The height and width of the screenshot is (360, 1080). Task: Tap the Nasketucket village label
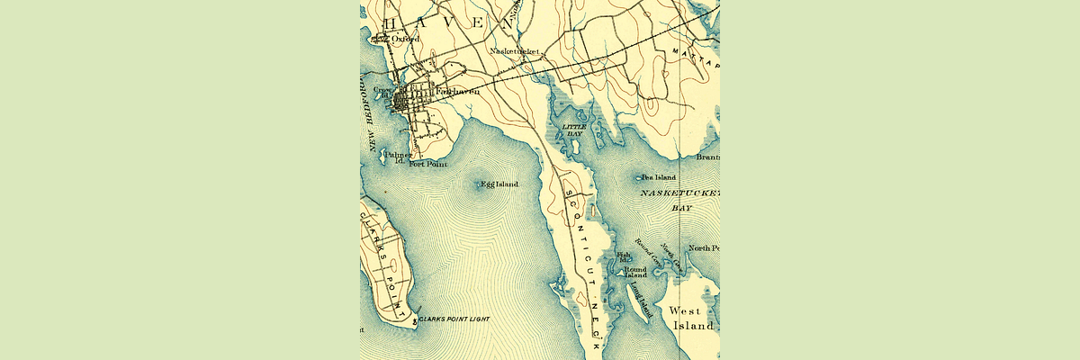pos(514,52)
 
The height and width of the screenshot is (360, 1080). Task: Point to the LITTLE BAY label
pos(574,130)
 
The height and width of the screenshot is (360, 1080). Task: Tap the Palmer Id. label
pos(397,157)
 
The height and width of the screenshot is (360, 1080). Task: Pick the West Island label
pos(691,318)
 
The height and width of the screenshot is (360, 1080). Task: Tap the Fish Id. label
pos(624,258)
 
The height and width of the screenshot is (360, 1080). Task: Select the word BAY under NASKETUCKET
pos(682,207)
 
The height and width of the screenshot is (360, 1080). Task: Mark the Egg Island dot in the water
pos(477,184)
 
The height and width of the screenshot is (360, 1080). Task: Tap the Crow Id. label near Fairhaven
pos(383,92)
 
